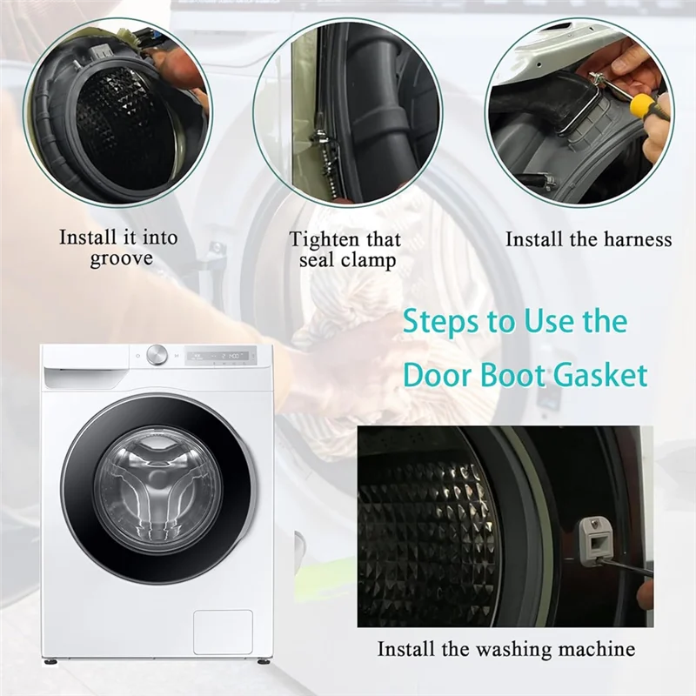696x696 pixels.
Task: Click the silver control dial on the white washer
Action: pyautogui.click(x=157, y=355)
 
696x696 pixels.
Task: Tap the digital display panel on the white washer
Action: pyautogui.click(x=219, y=356)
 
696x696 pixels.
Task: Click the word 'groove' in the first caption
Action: pyautogui.click(x=121, y=259)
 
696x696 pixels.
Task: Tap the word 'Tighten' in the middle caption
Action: pyautogui.click(x=324, y=240)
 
